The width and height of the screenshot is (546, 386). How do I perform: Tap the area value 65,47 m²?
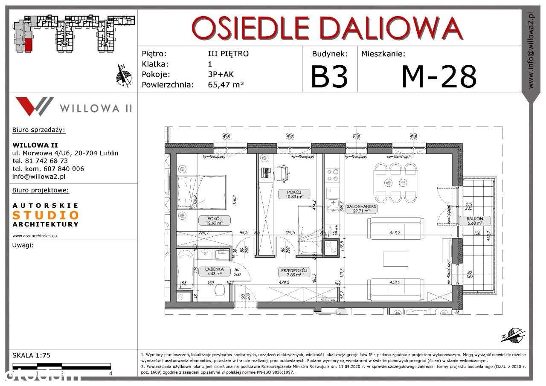coord(226,84)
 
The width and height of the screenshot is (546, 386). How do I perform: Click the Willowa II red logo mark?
coord(34,106)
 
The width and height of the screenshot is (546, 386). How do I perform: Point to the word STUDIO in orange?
coord(46,215)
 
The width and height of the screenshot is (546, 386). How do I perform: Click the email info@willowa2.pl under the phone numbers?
coord(39,176)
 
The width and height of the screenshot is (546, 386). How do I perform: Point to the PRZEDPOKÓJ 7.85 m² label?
coord(294,273)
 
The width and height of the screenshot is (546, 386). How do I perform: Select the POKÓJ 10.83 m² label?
coord(294,194)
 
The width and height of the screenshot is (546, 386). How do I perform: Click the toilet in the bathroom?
coord(220,291)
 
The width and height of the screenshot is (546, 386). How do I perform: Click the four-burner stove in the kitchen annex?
coord(333,175)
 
